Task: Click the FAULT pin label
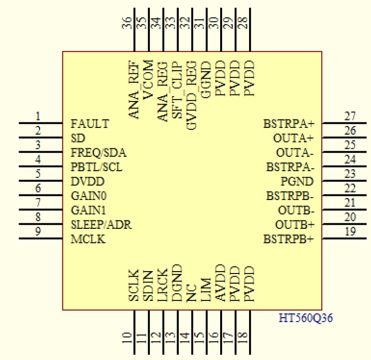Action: [90, 124]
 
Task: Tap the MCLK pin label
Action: [88, 240]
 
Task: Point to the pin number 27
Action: [350, 116]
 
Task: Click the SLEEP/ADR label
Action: [101, 225]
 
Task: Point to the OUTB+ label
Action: [295, 225]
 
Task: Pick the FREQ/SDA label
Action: [99, 153]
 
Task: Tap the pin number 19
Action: [350, 231]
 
